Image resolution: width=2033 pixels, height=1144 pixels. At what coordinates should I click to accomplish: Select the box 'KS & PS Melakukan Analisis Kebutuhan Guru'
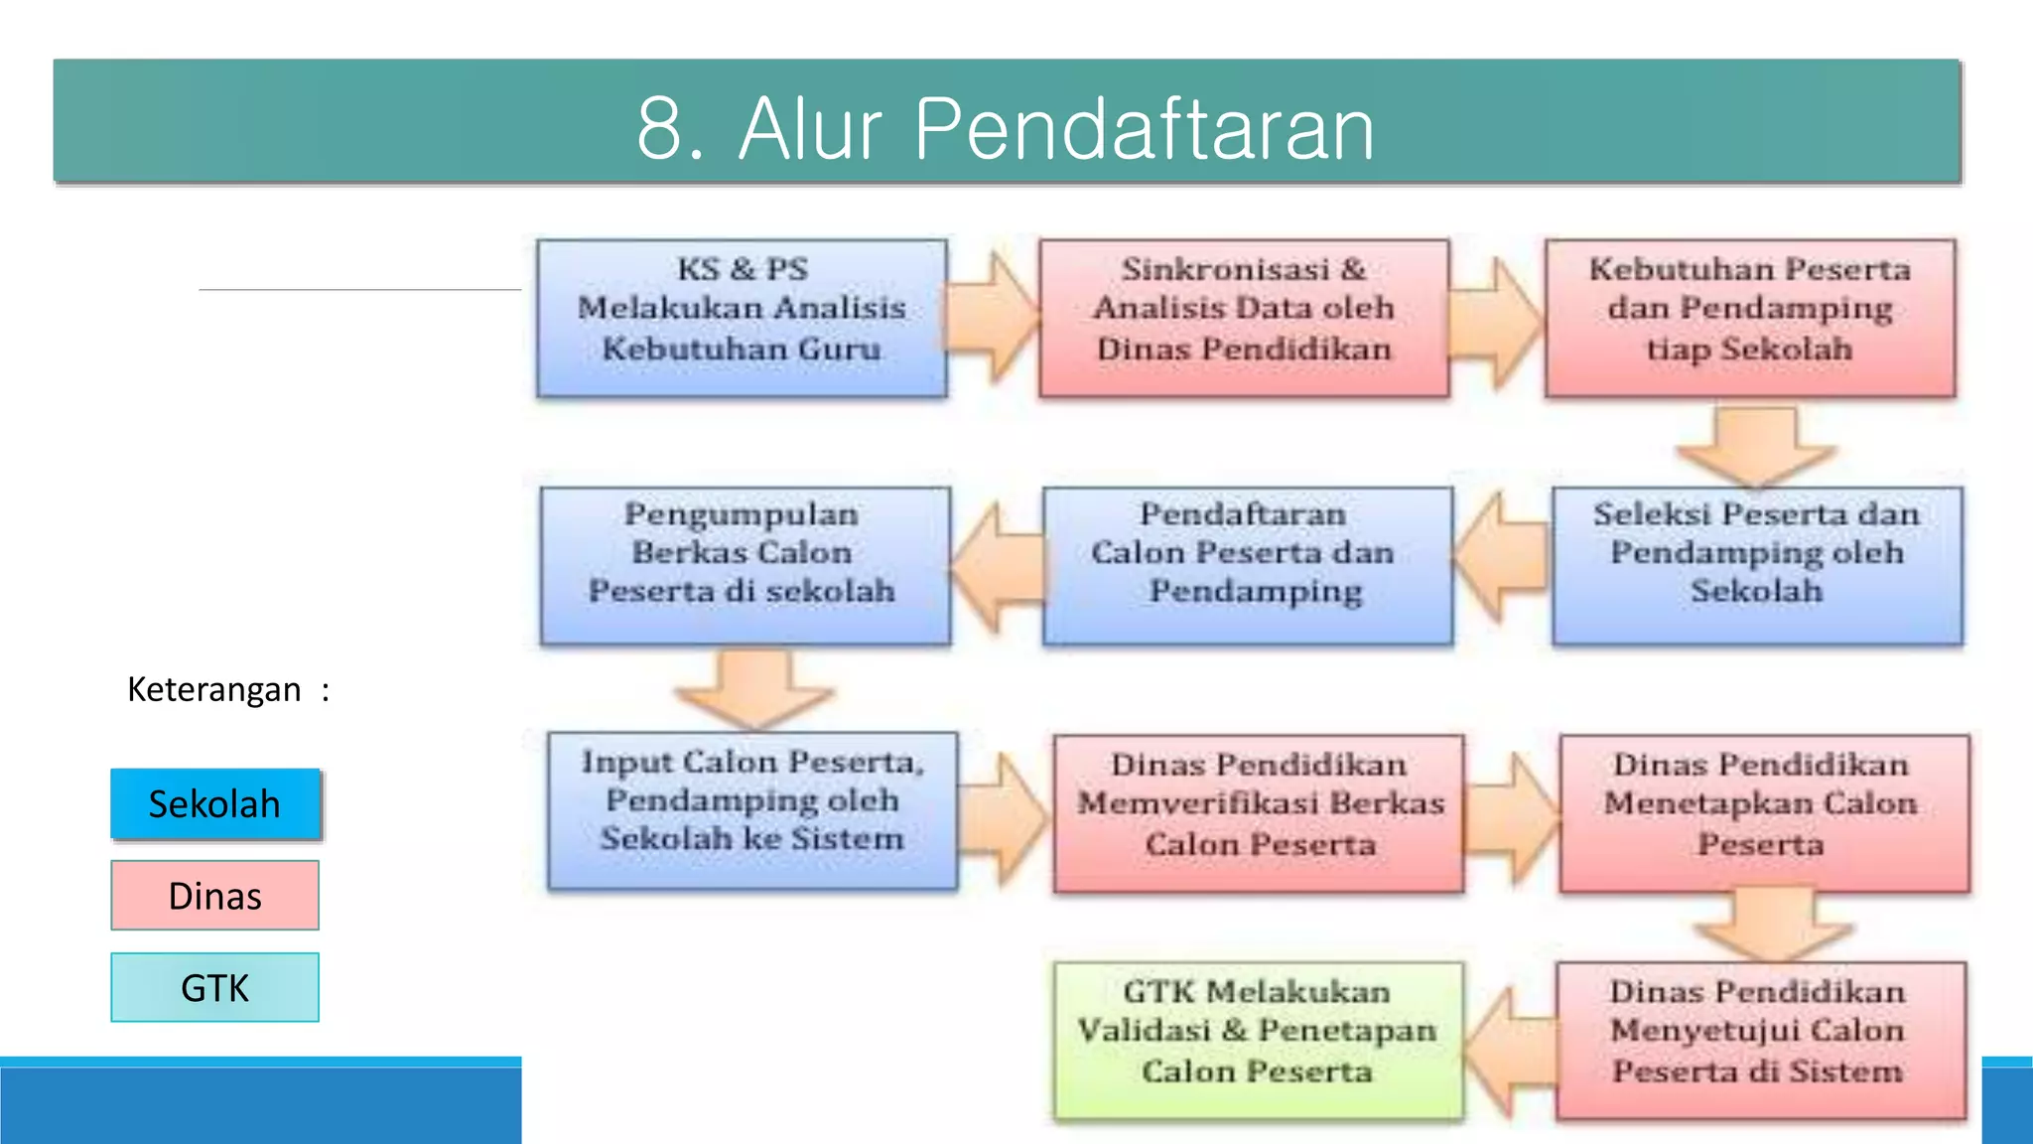742,318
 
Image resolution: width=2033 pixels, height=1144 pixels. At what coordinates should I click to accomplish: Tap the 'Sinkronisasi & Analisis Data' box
1244,318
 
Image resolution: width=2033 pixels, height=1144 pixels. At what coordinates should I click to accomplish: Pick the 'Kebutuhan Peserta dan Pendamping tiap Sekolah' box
1750,318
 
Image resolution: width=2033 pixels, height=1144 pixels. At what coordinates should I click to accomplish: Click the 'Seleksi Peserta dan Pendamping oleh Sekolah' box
1757,564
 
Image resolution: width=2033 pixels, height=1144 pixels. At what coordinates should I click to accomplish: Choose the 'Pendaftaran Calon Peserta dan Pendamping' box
1247,564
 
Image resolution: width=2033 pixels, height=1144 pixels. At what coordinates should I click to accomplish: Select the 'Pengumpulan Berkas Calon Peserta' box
745,564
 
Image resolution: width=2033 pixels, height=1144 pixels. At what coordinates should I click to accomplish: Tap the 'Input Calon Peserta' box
752,810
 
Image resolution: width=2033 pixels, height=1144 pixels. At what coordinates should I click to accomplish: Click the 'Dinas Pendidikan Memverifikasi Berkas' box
1259,812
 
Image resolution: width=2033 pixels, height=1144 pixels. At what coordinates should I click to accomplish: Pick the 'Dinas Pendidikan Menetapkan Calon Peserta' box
1763,812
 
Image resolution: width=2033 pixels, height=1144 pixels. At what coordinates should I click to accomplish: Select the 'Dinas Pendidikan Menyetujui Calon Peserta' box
1760,1039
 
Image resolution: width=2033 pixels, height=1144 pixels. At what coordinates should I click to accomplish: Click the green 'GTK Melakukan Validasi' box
1258,1039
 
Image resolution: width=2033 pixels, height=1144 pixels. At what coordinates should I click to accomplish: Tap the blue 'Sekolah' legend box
215,803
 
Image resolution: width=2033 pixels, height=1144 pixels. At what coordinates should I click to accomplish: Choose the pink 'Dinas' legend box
215,896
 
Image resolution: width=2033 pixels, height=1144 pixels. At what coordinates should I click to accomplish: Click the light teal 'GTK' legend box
215,988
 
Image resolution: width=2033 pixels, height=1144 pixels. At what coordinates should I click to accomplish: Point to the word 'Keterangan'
213,689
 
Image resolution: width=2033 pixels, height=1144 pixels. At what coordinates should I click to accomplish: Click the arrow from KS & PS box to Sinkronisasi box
993,318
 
